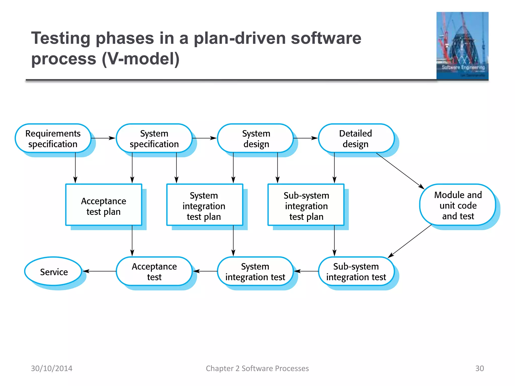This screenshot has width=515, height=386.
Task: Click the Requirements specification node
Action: click(53, 138)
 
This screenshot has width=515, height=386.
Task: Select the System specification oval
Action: click(154, 138)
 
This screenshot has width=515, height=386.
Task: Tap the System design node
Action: click(255, 138)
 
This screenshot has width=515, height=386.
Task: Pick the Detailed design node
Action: click(356, 138)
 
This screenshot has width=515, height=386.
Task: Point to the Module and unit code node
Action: click(457, 205)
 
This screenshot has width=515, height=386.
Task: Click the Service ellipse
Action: click(53, 271)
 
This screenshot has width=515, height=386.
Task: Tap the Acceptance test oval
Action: click(154, 271)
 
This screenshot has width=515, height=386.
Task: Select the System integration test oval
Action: click(255, 271)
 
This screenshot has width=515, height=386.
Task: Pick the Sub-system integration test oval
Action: click(356, 271)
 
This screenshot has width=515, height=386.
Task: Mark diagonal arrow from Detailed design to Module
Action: click(400, 171)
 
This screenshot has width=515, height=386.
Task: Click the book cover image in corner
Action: click(462, 46)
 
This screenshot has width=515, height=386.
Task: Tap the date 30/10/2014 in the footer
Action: click(52, 368)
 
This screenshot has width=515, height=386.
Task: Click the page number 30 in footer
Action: click(479, 368)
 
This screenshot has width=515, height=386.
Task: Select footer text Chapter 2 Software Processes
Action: click(257, 368)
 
